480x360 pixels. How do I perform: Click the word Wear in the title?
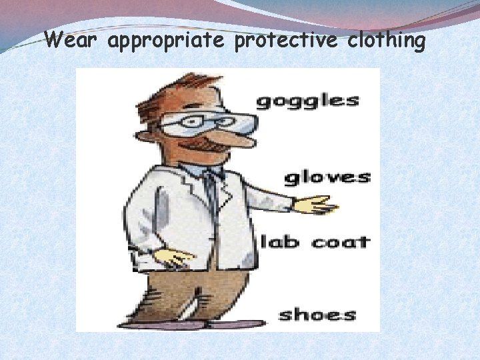73,41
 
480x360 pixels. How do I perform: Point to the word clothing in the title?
385,41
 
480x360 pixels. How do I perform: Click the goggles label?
307,101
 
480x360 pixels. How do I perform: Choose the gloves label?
327,177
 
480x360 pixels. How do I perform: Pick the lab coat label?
315,241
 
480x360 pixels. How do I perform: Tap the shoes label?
317,314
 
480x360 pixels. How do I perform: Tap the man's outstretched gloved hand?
315,205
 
